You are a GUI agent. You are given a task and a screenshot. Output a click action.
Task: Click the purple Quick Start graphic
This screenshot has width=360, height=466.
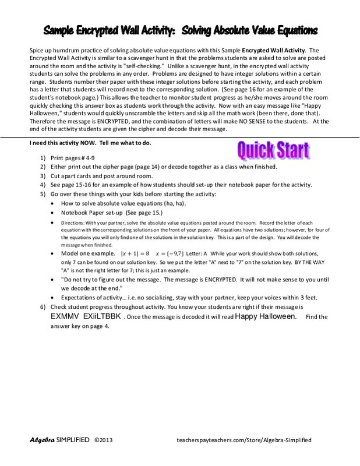(273, 151)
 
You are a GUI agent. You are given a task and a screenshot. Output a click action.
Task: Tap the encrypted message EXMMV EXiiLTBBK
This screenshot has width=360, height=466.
(86, 316)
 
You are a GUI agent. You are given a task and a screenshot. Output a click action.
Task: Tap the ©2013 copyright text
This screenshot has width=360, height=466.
(103, 440)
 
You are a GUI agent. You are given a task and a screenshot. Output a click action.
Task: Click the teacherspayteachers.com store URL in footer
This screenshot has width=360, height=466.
(243, 440)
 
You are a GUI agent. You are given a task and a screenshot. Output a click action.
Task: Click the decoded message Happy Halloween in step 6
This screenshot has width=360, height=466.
(269, 316)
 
